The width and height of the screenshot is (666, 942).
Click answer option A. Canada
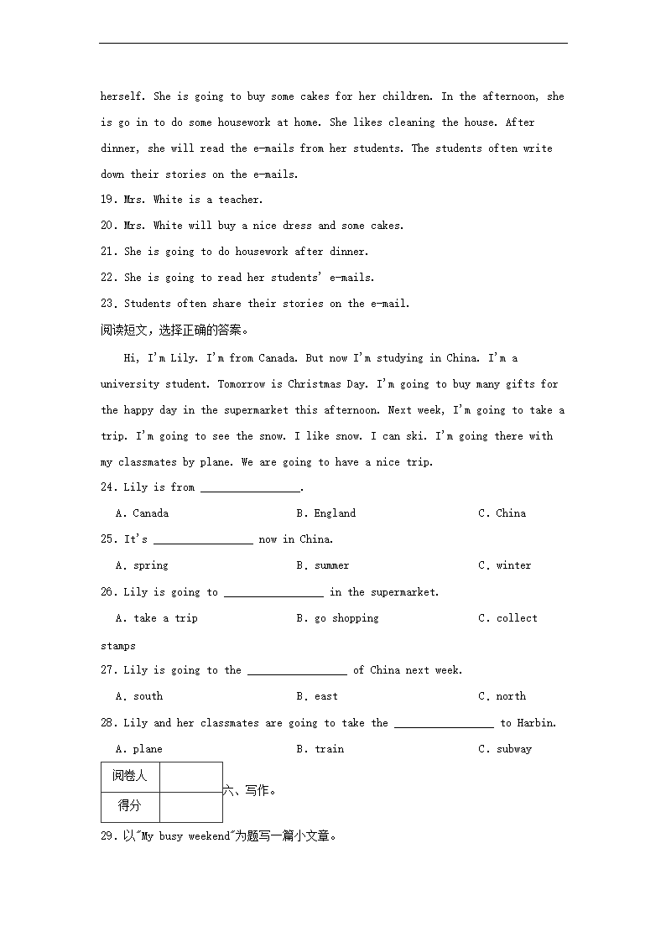142,513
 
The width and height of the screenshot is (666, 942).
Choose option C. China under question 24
502,513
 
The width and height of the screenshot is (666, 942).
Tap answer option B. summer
323,565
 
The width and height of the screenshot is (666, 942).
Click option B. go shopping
337,618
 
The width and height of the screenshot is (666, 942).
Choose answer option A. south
139,696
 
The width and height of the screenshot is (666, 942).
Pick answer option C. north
502,696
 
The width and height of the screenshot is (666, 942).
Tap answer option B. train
320,749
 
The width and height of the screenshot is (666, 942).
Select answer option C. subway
505,749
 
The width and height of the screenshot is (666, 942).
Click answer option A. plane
139,749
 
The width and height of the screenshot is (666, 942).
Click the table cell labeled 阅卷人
129,776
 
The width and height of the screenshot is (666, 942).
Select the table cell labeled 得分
129,806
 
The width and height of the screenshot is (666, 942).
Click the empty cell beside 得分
190,806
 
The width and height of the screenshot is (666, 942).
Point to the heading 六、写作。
250,790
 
